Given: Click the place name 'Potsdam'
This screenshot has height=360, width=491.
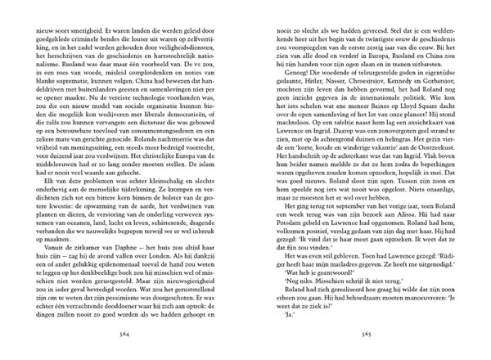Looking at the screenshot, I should coord(287,243).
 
